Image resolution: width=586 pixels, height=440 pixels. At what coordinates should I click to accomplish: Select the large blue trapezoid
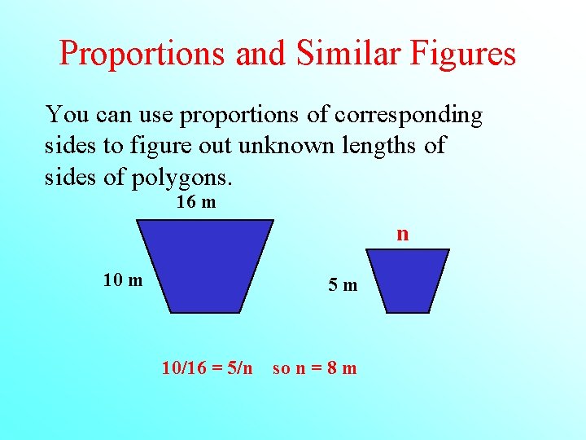[x=205, y=265]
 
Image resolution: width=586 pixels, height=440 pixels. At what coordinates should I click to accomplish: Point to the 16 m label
[x=196, y=202]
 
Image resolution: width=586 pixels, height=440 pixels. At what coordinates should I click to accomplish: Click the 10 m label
[x=123, y=281]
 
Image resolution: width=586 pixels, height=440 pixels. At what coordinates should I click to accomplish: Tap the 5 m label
[x=343, y=285]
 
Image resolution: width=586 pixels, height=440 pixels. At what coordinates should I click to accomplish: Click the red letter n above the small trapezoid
[x=402, y=235]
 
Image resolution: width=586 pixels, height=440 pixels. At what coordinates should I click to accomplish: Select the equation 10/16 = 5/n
[x=207, y=367]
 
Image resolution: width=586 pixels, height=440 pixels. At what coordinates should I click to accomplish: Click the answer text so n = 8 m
[x=314, y=367]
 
